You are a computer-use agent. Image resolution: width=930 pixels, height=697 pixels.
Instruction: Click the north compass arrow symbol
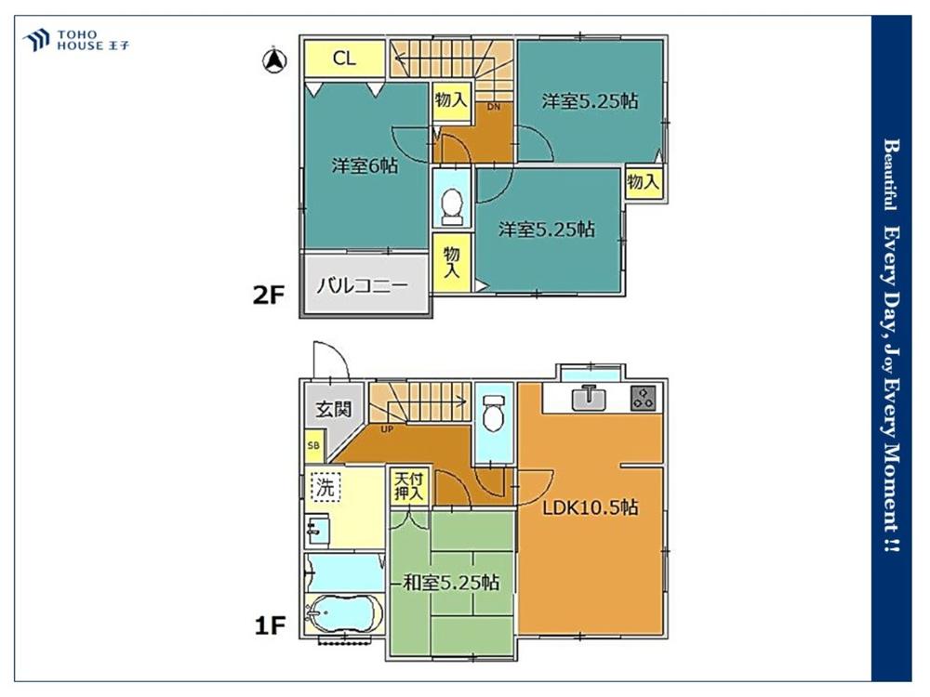[274, 59]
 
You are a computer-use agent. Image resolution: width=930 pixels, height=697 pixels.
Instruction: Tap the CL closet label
[344, 58]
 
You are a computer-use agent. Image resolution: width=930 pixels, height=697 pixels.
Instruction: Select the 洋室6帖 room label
[365, 166]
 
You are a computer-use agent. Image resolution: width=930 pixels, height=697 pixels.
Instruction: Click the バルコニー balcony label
[363, 286]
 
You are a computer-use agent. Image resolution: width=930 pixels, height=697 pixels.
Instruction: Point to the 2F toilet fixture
[452, 206]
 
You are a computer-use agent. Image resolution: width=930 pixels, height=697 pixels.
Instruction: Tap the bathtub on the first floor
[343, 614]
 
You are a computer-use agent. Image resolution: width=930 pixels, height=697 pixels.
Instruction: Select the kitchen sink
[589, 397]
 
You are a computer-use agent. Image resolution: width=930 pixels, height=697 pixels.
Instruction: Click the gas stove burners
[643, 397]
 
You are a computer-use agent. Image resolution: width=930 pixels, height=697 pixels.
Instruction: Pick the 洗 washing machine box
[325, 487]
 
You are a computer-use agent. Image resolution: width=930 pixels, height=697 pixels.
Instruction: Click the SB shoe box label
[313, 446]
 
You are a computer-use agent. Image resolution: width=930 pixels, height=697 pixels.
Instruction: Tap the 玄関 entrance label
[333, 409]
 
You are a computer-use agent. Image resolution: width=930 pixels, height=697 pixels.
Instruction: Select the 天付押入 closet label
[408, 486]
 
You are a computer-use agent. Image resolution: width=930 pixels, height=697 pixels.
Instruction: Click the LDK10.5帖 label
[591, 507]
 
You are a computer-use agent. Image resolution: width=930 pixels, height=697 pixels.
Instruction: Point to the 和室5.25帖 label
[451, 583]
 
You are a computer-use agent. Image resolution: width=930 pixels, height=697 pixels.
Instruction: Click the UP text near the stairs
[387, 429]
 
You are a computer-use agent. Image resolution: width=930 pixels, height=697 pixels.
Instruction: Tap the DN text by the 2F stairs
[494, 107]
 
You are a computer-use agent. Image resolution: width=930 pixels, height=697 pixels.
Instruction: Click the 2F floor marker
[269, 295]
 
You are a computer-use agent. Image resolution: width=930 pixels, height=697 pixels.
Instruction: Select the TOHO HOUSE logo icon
[36, 40]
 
